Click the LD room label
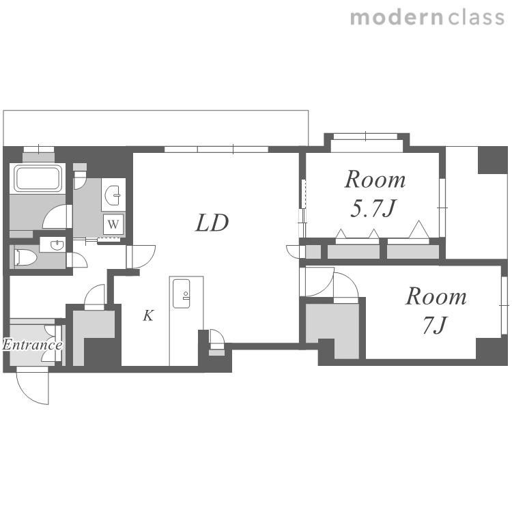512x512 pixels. coord(212,223)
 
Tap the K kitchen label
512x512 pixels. coord(148,315)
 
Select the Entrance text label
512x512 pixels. coord(32,345)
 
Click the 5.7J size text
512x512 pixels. coord(373,208)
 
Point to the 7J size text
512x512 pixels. coord(434,325)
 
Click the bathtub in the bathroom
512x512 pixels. coord(38,178)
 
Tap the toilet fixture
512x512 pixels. coord(25,257)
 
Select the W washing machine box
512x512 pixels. coord(113,224)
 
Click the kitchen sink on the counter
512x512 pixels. coord(181,294)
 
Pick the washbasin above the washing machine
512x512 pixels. coord(113,195)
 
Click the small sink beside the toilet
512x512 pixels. coord(53,244)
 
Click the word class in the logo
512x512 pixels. coord(476,17)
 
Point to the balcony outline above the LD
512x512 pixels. coord(156,111)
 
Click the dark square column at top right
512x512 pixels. coord(493,160)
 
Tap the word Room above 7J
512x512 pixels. coord(436,296)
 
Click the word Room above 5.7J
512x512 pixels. coord(375,180)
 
